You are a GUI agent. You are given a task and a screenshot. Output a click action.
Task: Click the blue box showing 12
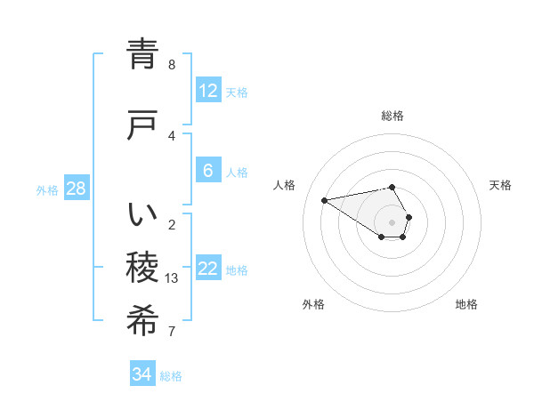click(208, 91)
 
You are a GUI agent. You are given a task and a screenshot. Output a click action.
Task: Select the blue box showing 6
click(208, 171)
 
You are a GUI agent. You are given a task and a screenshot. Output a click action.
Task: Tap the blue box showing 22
click(208, 269)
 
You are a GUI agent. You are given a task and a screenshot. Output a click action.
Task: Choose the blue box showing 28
click(76, 189)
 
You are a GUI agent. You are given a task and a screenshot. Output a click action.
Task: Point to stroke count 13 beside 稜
click(172, 278)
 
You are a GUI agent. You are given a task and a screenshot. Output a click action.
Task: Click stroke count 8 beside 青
click(172, 65)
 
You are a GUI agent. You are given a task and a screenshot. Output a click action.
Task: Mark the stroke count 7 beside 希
click(172, 332)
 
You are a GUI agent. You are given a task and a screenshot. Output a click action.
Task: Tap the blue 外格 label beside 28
click(47, 189)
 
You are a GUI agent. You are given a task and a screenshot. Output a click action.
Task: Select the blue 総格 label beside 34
click(171, 375)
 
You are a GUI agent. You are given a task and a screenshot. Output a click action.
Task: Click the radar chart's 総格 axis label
click(392, 116)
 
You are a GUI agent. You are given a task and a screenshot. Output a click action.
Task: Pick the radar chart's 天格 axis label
click(500, 185)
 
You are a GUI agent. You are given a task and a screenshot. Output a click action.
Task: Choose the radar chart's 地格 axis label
click(466, 304)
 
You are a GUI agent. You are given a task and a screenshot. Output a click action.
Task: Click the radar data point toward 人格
click(324, 199)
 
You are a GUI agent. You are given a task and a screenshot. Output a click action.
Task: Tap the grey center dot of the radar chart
click(392, 221)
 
